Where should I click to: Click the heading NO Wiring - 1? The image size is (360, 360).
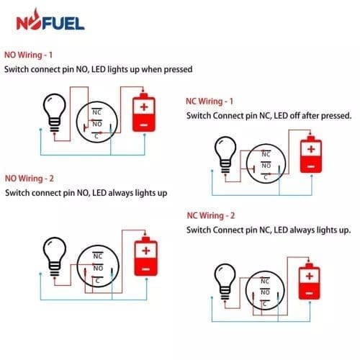28,55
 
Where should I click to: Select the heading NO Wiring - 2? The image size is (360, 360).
30,179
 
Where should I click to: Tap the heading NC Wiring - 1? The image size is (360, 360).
210,102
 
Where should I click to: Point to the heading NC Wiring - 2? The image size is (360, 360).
211,215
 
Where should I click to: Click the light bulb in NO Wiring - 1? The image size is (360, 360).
55,113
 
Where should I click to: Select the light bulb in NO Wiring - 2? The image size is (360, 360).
55,256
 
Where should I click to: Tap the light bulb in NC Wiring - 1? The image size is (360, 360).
225,155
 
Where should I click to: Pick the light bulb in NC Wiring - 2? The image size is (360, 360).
225,282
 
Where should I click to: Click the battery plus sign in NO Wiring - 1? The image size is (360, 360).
144,107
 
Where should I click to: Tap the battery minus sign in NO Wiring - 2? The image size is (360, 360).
146,269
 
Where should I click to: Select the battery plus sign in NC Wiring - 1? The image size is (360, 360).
311,149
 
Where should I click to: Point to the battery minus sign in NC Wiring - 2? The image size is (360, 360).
310,293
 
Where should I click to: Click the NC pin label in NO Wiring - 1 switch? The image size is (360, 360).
96,112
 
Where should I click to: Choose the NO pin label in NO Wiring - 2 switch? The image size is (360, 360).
98,268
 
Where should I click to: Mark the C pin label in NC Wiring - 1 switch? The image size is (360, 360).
266,177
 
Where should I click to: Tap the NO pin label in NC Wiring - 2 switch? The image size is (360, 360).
265,292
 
